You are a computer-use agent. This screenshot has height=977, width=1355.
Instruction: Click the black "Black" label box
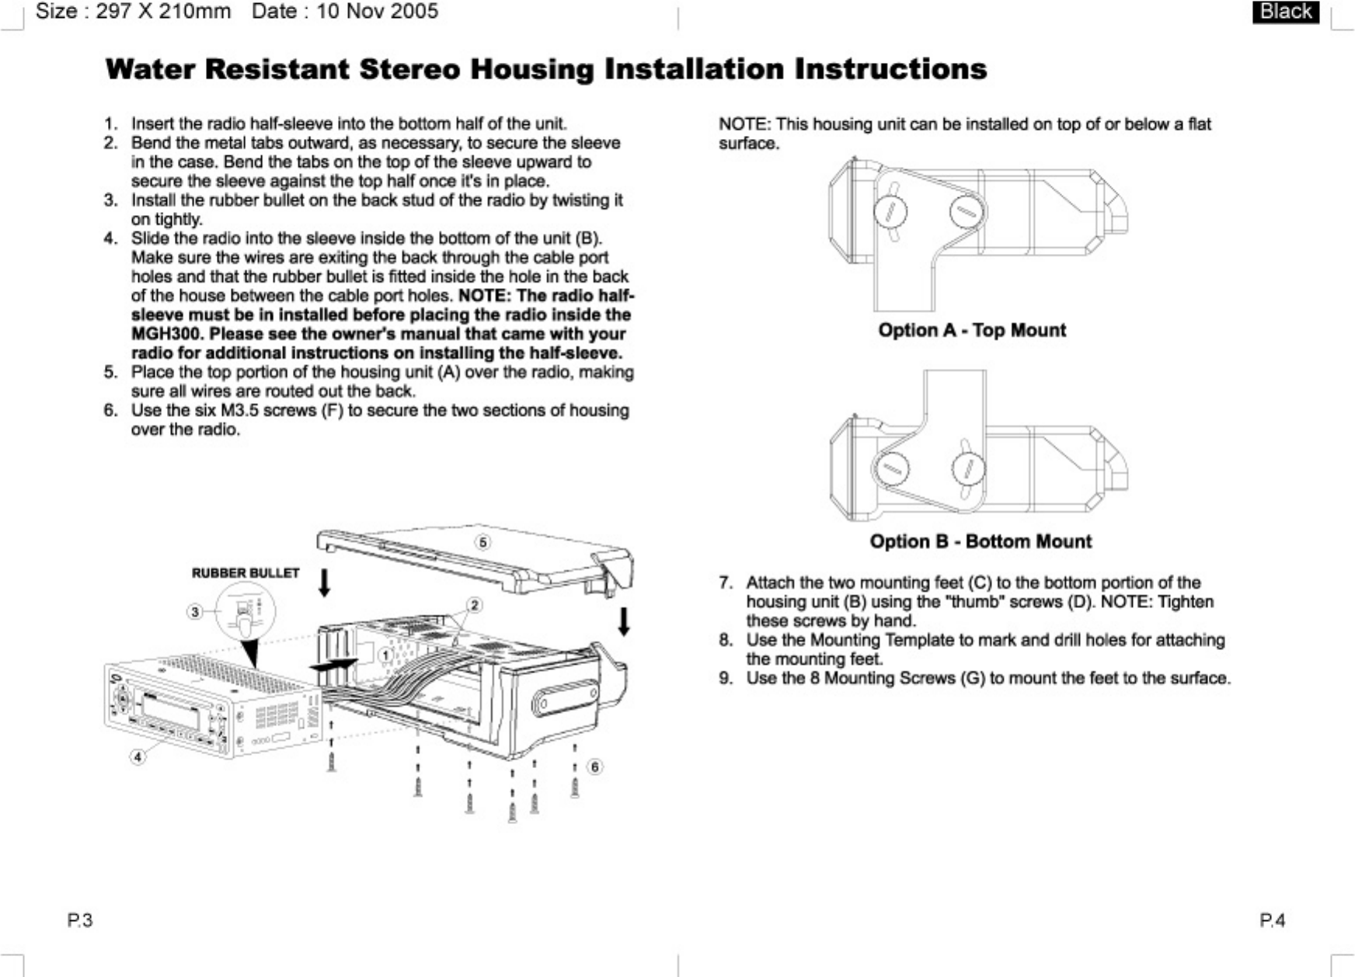click(x=1285, y=12)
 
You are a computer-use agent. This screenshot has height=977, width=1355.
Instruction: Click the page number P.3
click(x=79, y=920)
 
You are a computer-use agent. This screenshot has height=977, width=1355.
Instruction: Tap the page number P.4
click(x=1272, y=920)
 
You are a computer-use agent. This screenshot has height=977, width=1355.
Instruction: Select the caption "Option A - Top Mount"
click(x=972, y=330)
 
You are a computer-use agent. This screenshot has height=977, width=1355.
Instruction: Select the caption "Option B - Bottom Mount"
click(x=981, y=541)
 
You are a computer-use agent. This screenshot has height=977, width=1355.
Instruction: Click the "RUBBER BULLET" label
click(x=246, y=573)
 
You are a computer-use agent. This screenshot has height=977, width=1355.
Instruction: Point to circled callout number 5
click(x=483, y=542)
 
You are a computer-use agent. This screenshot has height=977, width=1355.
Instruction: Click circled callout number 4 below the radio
click(x=138, y=756)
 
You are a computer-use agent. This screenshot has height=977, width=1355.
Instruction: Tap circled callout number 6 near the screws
click(x=594, y=767)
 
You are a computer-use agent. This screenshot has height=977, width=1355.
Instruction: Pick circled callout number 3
click(x=195, y=612)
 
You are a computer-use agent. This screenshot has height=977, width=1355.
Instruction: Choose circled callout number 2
click(x=474, y=605)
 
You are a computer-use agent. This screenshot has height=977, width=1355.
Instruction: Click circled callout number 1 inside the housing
click(x=385, y=655)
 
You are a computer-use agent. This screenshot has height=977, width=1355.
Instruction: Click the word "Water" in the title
click(x=150, y=69)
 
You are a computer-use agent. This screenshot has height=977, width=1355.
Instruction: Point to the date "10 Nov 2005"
click(x=377, y=12)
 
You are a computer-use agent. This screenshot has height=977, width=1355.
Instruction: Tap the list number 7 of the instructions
click(x=725, y=582)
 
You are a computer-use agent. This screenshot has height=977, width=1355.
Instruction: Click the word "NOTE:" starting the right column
click(x=744, y=124)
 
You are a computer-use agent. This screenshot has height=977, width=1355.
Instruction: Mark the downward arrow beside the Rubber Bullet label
click(x=325, y=582)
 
